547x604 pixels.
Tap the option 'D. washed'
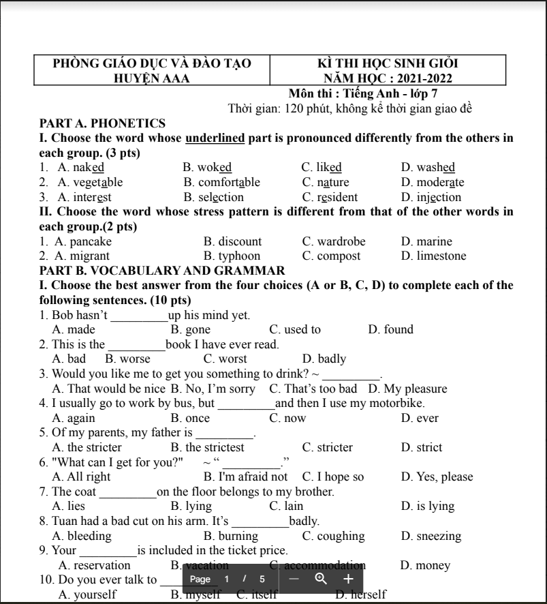pyautogui.click(x=428, y=168)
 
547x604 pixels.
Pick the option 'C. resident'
pyautogui.click(x=330, y=198)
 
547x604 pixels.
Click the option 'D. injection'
pyautogui.click(x=431, y=198)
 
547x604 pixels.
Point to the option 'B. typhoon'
pyautogui.click(x=232, y=256)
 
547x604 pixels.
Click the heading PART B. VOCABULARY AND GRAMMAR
pyautogui.click(x=162, y=271)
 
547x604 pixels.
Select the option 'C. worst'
pyautogui.click(x=225, y=359)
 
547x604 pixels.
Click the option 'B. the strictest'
pyautogui.click(x=207, y=448)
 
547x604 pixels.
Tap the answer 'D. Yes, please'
pyautogui.click(x=437, y=477)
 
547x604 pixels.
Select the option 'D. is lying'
pyautogui.click(x=427, y=507)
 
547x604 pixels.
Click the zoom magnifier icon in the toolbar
pyautogui.click(x=321, y=579)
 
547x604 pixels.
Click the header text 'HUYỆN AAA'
pyautogui.click(x=152, y=78)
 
